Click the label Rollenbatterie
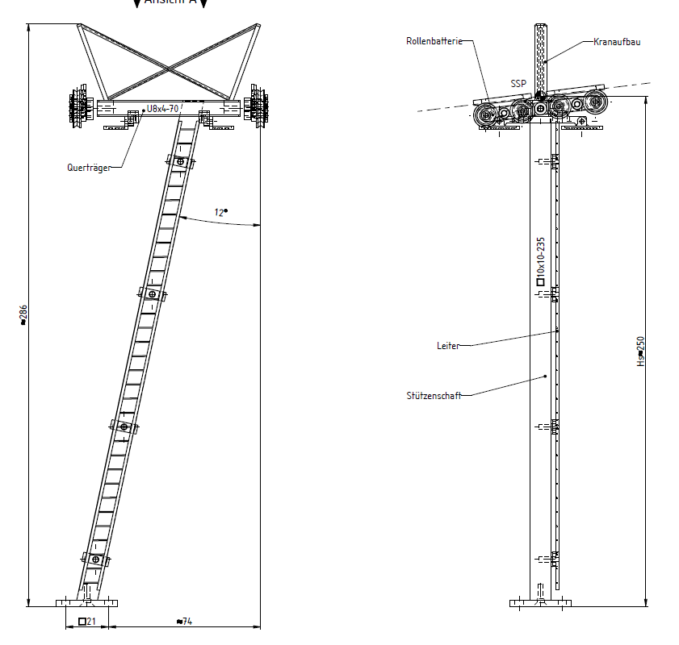pos(434,41)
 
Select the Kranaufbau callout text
pos(617,41)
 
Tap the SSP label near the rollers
pos(518,83)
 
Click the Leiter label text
pos(448,346)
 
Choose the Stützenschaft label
pos(434,395)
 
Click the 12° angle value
pos(220,213)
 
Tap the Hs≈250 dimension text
pos(641,352)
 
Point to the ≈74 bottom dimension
pos(184,621)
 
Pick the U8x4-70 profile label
pos(162,109)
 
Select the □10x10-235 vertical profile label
pos(540,262)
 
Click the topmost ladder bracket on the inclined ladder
pos(181,162)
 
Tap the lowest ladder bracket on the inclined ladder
pos(96,559)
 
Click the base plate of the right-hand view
pos(540,602)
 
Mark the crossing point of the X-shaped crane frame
pos(170,62)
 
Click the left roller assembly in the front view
pos(78,106)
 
